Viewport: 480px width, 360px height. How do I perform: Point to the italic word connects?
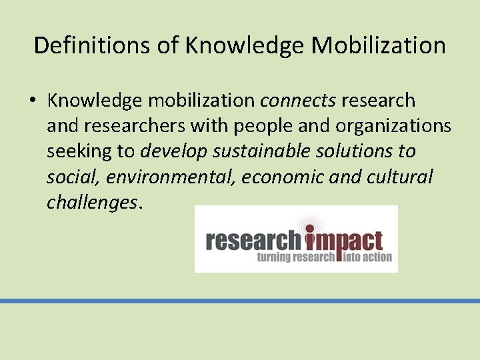point(298,101)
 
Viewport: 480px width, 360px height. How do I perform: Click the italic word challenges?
point(91,202)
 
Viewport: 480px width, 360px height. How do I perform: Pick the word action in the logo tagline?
point(378,257)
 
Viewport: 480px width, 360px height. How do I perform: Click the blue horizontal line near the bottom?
point(240,301)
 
